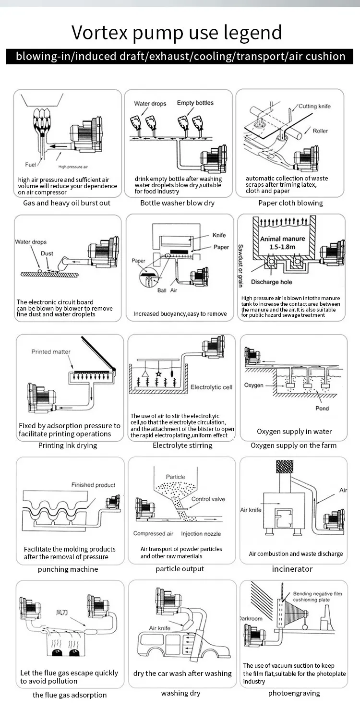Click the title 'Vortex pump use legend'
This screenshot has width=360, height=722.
[x=177, y=33]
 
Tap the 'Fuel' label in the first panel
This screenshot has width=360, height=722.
[x=31, y=165]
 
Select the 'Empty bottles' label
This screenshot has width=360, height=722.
[x=195, y=103]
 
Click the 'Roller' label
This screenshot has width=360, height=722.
[x=320, y=131]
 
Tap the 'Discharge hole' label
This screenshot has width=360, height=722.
[x=271, y=282]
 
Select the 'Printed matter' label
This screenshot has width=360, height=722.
[x=51, y=351]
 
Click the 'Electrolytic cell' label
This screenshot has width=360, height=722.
[x=211, y=387]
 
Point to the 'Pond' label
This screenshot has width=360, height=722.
[x=322, y=408]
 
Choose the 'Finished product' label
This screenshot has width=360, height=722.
[x=93, y=485]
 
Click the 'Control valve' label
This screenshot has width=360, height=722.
[x=208, y=499]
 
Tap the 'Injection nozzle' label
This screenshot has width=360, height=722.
[x=201, y=533]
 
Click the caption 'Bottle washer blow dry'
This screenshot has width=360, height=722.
[x=177, y=203]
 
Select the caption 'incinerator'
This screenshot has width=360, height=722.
[x=292, y=569]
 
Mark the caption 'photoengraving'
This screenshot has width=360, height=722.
[x=294, y=693]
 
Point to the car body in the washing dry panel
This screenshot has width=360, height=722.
[x=168, y=646]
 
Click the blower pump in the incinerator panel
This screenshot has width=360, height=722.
[x=333, y=521]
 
